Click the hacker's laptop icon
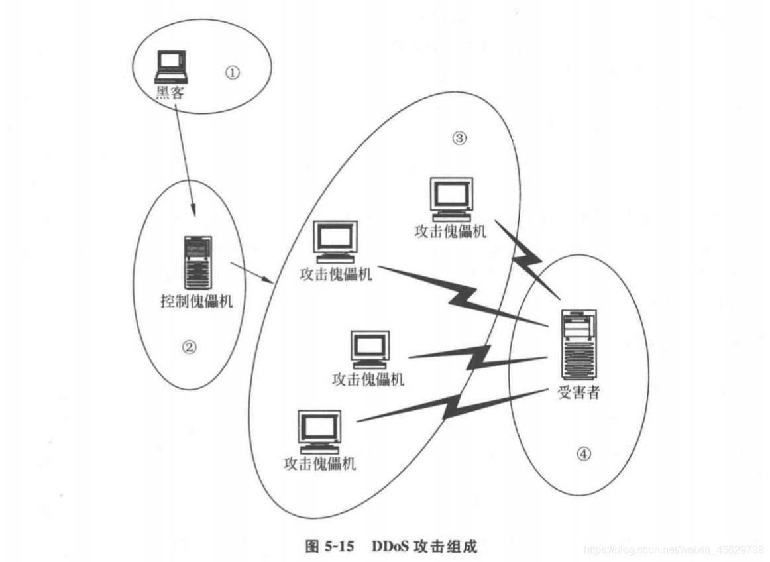click(x=170, y=67)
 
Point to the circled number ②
click(x=190, y=347)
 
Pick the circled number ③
click(x=459, y=138)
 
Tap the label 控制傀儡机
click(x=197, y=301)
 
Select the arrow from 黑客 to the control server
click(x=186, y=159)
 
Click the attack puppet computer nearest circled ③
click(x=451, y=198)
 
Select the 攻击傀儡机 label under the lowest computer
click(x=319, y=463)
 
